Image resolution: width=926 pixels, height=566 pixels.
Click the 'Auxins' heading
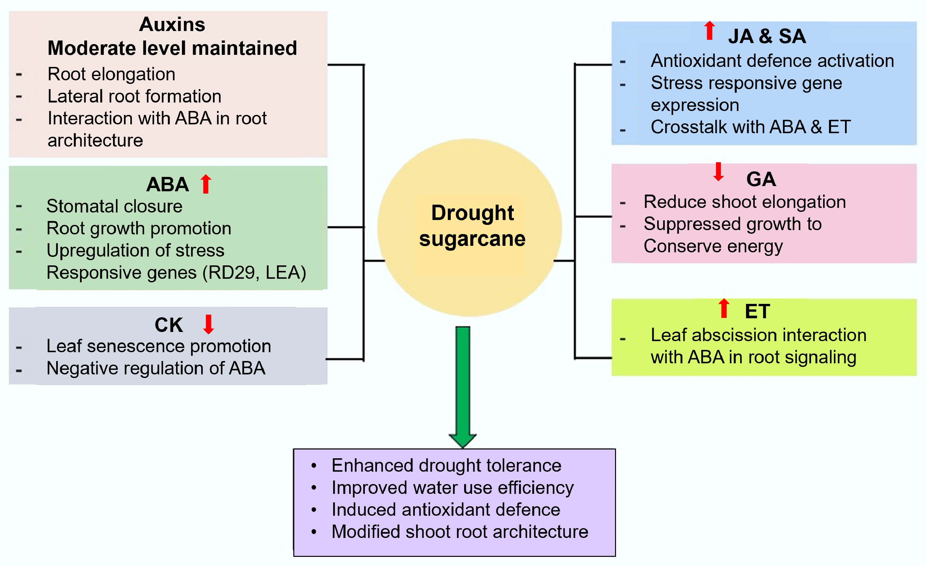click(x=172, y=25)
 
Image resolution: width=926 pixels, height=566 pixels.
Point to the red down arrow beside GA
click(x=719, y=172)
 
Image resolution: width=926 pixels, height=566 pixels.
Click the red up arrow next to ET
click(x=724, y=308)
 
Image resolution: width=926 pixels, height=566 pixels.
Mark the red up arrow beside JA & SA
click(x=709, y=31)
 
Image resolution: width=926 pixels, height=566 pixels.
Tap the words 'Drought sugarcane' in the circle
click(x=472, y=226)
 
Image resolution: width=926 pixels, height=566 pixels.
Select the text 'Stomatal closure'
click(x=114, y=206)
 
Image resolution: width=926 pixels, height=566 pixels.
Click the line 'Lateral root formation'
click(x=134, y=97)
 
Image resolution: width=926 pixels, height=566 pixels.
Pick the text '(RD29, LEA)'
click(x=254, y=273)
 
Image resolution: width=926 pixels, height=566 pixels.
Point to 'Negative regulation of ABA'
click(x=155, y=369)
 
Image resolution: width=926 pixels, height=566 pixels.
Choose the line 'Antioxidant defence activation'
click(x=772, y=61)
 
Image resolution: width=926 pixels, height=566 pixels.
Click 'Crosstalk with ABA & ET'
click(x=751, y=127)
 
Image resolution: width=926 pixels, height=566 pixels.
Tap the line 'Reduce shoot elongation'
click(x=744, y=202)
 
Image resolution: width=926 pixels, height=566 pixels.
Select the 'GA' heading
click(x=761, y=179)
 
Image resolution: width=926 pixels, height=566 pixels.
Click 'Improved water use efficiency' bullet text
click(x=452, y=488)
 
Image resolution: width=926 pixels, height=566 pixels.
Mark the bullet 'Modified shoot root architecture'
click(x=460, y=532)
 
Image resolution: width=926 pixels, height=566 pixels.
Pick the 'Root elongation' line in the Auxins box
click(x=111, y=74)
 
